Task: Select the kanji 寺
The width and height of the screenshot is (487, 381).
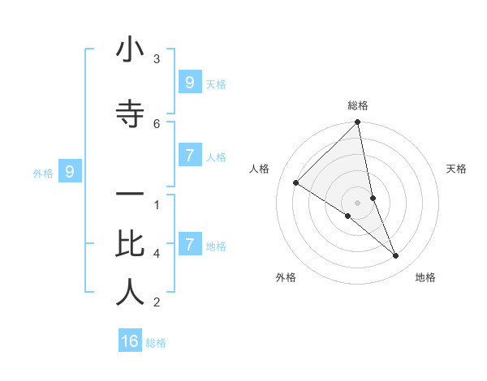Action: click(130, 111)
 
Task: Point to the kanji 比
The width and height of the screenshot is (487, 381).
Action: click(130, 243)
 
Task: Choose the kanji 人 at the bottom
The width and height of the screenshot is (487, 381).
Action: click(130, 293)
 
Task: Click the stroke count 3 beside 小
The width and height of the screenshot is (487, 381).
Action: click(157, 58)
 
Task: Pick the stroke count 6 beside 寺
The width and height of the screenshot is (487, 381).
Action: click(157, 123)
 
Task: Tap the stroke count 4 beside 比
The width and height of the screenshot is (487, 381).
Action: click(157, 254)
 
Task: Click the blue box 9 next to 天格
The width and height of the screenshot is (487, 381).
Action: click(189, 83)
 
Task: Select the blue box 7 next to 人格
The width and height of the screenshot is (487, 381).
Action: click(189, 156)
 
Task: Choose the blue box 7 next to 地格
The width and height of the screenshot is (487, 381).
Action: click(189, 245)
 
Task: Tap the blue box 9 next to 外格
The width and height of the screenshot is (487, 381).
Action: click(70, 172)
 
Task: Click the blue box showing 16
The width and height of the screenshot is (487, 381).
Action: click(130, 341)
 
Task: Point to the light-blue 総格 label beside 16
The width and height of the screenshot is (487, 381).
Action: click(157, 343)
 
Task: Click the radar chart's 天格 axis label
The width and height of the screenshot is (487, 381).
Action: click(457, 169)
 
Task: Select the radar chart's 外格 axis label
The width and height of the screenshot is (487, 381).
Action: click(286, 277)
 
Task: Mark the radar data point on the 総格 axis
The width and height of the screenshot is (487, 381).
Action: click(357, 123)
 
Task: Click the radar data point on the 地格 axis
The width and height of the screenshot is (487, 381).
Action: click(396, 256)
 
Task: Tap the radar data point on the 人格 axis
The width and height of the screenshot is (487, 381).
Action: click(296, 183)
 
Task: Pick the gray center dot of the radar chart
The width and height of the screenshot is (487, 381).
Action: click(357, 203)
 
